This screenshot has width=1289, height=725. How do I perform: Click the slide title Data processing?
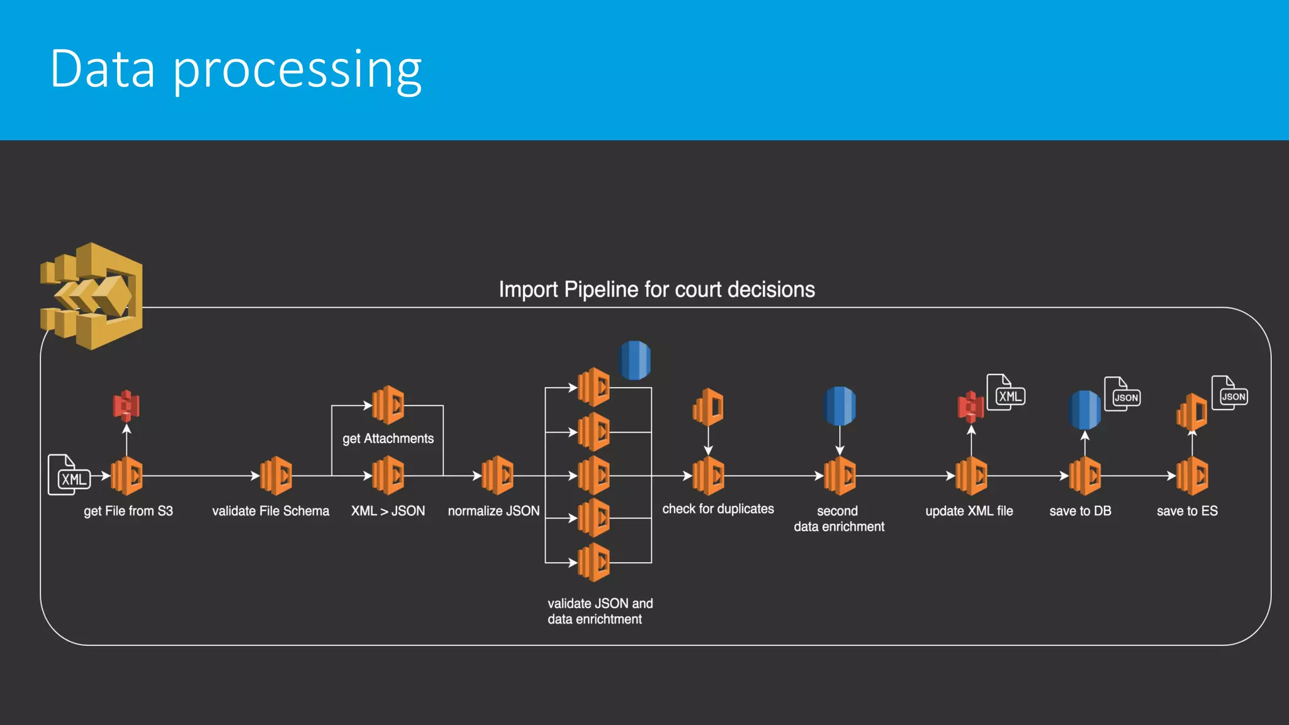point(235,69)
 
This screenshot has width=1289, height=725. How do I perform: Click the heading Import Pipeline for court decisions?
point(656,289)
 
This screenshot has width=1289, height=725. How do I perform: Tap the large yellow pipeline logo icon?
point(92,296)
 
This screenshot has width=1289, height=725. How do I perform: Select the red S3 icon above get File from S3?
point(127,406)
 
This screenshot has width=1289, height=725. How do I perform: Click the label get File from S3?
point(128,511)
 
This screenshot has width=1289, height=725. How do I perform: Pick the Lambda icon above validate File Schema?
point(276,476)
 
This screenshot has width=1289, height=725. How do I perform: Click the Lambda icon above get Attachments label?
point(388,405)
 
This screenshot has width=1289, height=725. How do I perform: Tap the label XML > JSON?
point(388,511)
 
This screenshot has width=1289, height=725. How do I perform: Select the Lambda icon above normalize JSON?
point(497,476)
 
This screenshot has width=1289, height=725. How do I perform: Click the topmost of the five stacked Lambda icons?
point(594,388)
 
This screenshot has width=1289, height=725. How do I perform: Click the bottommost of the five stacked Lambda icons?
point(594,562)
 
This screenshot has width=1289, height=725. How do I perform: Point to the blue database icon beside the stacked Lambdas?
point(635,360)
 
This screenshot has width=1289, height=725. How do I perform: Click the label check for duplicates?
point(718,509)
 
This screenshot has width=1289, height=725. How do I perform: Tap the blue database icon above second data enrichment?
point(840,406)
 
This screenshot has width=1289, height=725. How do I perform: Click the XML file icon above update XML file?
point(1006,393)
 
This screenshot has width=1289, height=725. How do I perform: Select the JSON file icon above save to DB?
point(1123,395)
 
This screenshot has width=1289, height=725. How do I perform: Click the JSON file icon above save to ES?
point(1230,393)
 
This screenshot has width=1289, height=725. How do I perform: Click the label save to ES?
point(1187,511)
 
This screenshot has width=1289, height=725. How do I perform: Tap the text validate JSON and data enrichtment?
point(600,611)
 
